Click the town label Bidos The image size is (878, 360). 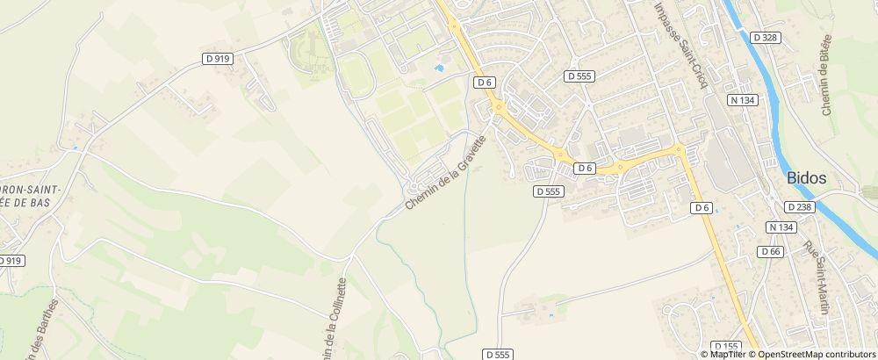pos(807,178)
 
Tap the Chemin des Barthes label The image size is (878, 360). pos(45,329)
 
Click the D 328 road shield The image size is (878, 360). pos(765,37)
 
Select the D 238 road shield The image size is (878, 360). pos(800,207)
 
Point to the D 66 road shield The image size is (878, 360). pos(771,252)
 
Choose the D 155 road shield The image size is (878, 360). pos(726,346)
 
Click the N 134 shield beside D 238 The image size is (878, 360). pos(780,227)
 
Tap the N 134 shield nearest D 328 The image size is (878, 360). pos(742,100)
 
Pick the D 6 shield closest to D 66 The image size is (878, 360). pos(700,208)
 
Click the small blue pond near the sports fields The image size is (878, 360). pos(439,67)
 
